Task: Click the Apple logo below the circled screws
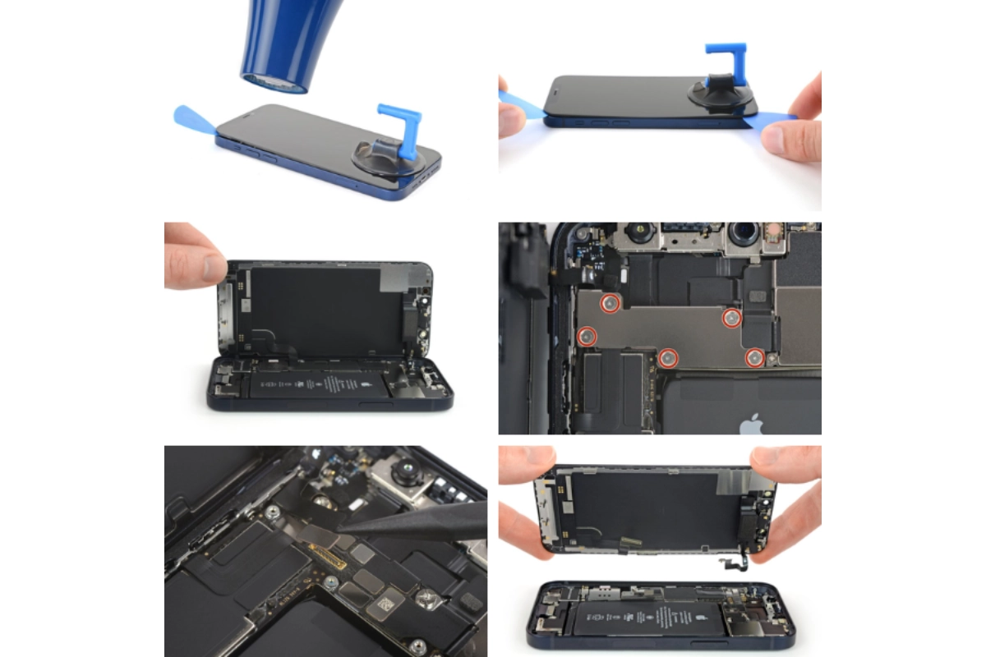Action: pyautogui.click(x=751, y=424)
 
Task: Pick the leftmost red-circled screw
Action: pyautogui.click(x=587, y=335)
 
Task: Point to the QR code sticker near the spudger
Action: pyautogui.click(x=380, y=609)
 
